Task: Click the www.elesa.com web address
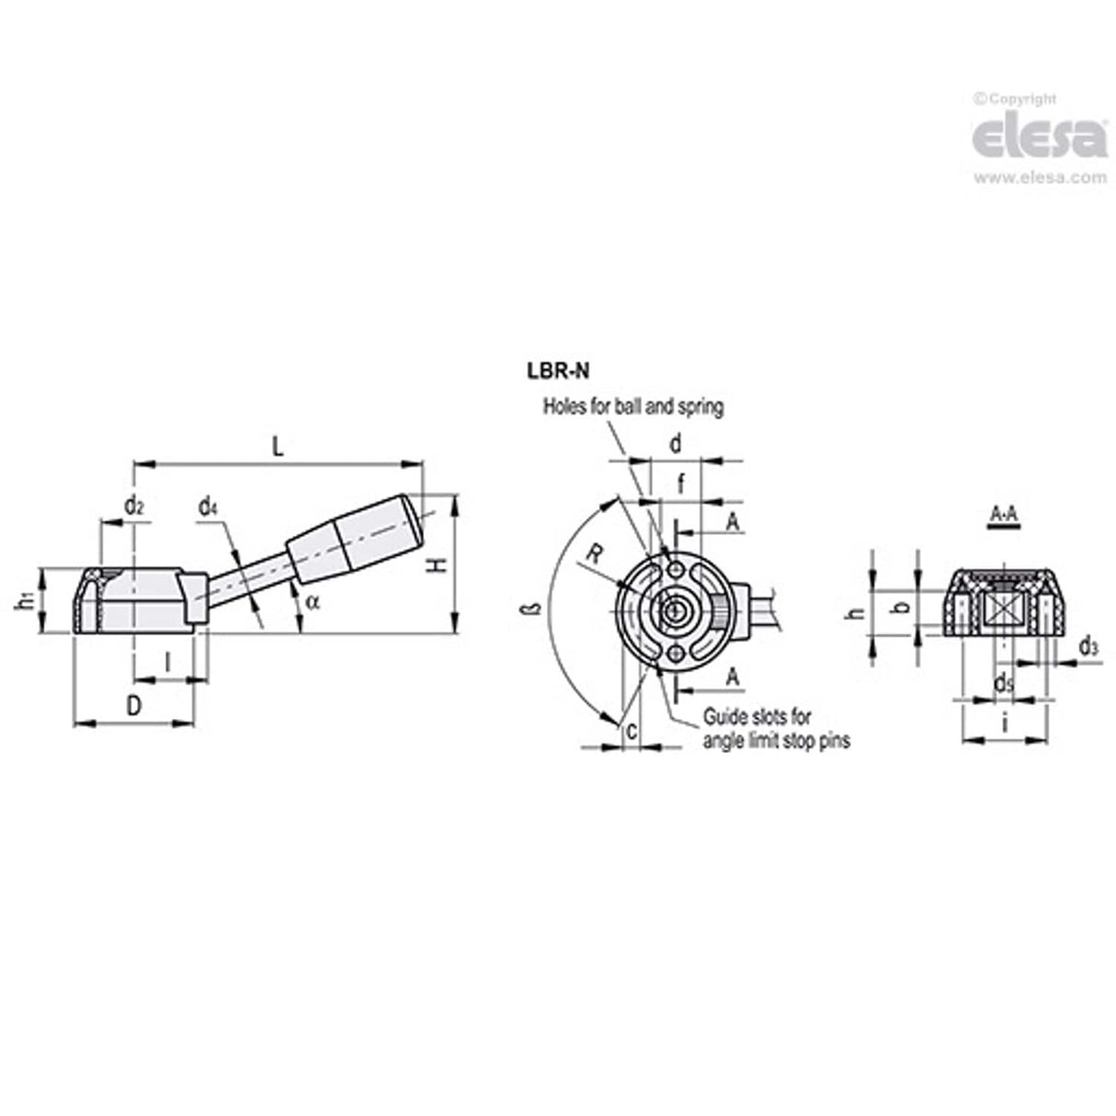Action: tap(1041, 178)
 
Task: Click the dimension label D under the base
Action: tap(134, 706)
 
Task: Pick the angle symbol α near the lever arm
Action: tap(313, 602)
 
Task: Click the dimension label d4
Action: tap(209, 507)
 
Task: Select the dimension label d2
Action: tap(134, 504)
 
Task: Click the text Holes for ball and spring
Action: tap(632, 405)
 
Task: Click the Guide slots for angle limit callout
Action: tap(775, 728)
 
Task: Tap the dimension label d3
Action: tap(1088, 646)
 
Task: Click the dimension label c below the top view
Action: tap(631, 731)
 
